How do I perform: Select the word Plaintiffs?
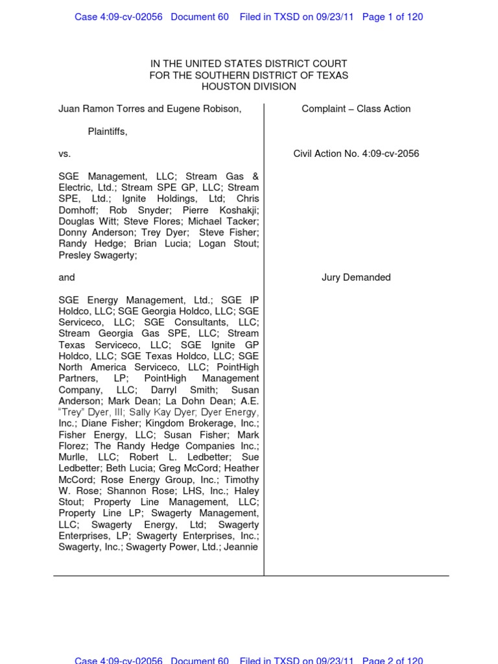point(108,132)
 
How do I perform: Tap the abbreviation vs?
point(64,154)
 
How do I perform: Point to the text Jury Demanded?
point(356,278)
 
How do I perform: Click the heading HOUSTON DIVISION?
point(248,86)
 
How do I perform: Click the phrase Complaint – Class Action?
point(356,109)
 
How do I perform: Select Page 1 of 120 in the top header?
point(392,17)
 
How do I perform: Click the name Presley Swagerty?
point(97,255)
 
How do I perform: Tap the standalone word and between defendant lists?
point(67,278)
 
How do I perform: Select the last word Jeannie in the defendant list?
point(242,547)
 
